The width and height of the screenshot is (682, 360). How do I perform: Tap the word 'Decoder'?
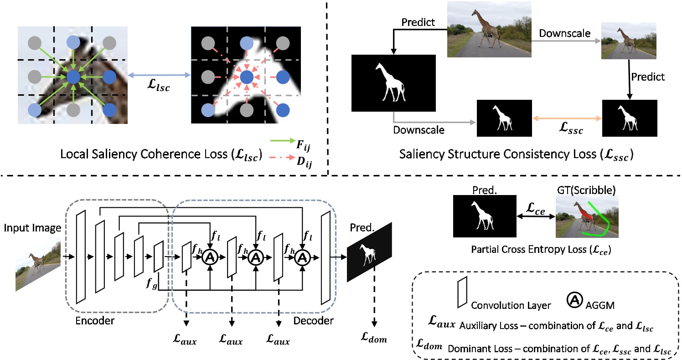[313, 321]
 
